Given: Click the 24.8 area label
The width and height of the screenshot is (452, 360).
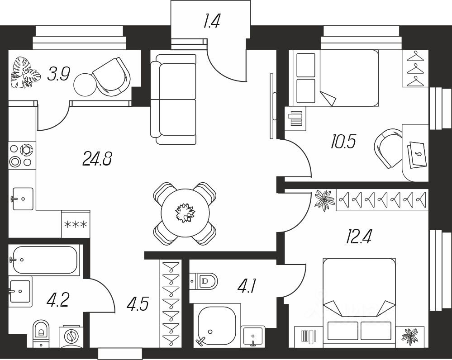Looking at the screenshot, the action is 97,159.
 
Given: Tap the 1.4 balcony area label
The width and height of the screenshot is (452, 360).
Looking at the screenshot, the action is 212,21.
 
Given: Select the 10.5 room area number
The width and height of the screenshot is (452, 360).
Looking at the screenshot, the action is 343,142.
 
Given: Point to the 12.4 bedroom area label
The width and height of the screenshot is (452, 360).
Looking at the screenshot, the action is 359,237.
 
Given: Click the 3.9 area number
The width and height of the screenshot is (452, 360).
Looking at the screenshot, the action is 59,74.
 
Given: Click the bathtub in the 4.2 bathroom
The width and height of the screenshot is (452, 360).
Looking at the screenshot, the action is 43,260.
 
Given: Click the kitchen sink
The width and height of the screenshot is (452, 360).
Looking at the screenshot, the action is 23,199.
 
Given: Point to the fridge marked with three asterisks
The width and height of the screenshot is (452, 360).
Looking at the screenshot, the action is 76,224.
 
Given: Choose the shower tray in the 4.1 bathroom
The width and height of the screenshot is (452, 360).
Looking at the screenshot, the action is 217,325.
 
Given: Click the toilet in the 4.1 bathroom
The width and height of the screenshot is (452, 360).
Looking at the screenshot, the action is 203,281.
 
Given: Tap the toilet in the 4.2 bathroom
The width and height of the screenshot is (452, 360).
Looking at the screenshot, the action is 41,333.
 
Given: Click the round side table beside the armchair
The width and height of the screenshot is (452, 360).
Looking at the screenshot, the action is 85,85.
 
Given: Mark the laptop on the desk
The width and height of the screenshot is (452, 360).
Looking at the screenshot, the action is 417,154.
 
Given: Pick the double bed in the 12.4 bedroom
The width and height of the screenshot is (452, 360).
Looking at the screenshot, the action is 359,303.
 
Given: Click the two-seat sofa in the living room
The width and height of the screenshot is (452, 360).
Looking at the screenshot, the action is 174,99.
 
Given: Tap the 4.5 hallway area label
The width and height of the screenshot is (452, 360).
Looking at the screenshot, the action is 138,304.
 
